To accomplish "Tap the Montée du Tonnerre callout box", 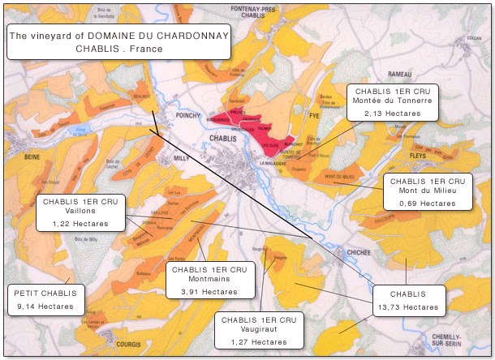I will point(392,101).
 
